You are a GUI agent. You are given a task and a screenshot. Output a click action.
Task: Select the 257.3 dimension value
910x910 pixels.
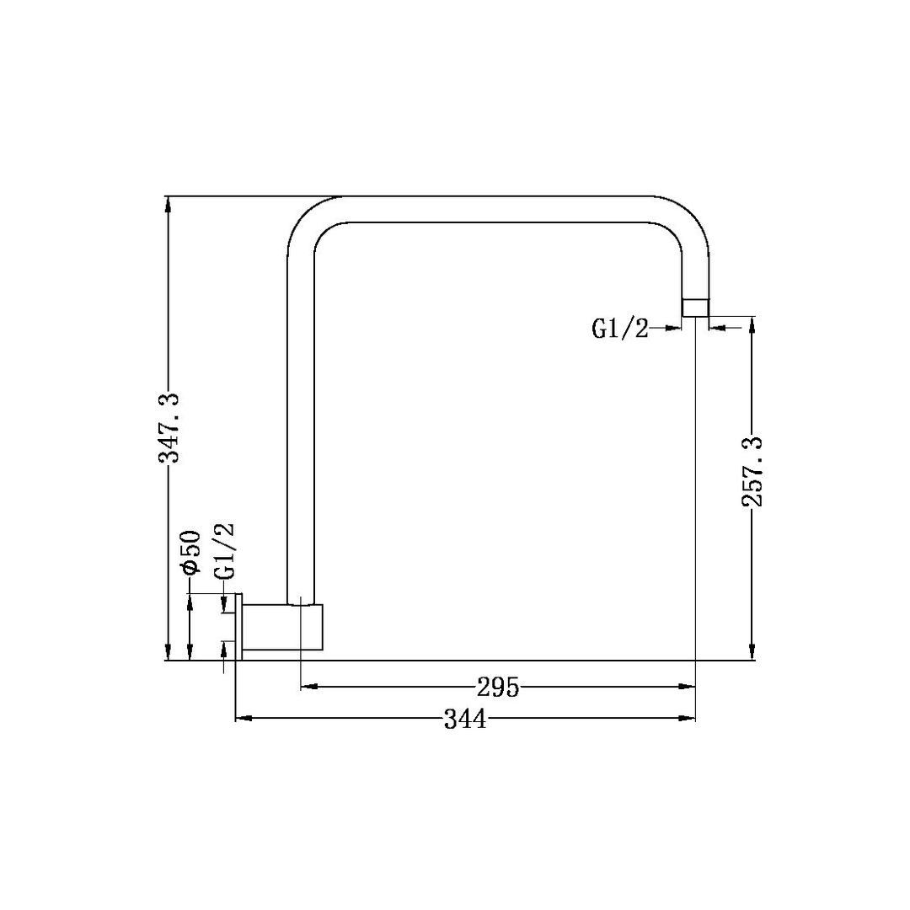tap(752, 472)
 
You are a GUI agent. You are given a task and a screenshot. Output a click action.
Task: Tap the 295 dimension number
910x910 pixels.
tap(497, 688)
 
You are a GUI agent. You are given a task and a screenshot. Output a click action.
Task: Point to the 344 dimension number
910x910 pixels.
tap(464, 719)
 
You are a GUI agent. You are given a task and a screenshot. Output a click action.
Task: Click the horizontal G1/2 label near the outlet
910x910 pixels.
tap(620, 329)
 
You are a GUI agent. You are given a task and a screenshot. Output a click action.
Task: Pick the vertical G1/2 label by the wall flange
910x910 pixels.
tap(224, 551)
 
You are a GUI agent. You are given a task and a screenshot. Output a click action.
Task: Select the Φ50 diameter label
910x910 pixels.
tap(190, 554)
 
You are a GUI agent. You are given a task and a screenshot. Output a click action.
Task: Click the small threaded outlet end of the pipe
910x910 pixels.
tap(695, 308)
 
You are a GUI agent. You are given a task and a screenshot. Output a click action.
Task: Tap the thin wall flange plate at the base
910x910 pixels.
tap(239, 626)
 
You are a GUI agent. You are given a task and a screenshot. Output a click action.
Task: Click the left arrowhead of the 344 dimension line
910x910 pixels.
tap(242, 718)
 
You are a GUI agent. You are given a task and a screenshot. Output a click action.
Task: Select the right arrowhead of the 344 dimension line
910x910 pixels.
tap(688, 718)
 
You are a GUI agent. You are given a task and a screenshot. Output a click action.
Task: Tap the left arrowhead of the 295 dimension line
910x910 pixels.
tap(308, 687)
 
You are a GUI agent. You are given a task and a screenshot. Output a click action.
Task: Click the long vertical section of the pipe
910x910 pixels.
tap(301, 421)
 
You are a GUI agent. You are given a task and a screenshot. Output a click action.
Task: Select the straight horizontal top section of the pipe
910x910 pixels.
tap(497, 209)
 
